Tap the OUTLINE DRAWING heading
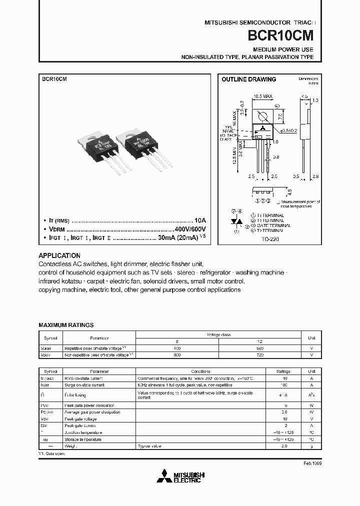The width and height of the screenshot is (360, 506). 248,79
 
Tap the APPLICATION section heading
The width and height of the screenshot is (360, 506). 59,255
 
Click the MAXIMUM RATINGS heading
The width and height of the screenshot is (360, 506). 66,325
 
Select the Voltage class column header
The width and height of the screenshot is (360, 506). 219,334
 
